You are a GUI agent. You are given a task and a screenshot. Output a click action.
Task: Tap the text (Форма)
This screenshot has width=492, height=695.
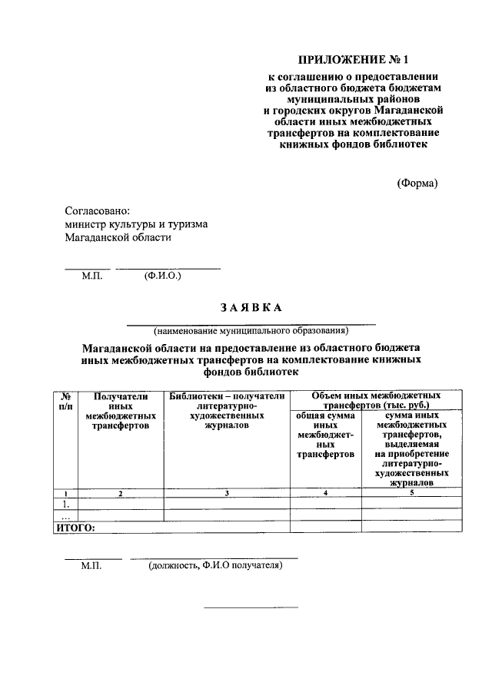point(417,183)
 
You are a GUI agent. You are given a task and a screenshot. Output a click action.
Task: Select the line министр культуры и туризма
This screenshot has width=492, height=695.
point(135,223)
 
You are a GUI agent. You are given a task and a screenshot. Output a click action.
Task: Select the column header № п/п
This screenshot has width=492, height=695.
point(65,400)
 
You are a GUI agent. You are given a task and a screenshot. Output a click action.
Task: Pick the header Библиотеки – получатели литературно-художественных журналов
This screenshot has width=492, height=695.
point(227,410)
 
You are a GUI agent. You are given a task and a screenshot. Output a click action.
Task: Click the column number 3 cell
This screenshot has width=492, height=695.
point(228,492)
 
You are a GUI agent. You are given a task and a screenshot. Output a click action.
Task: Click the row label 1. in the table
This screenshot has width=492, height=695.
point(65,504)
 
